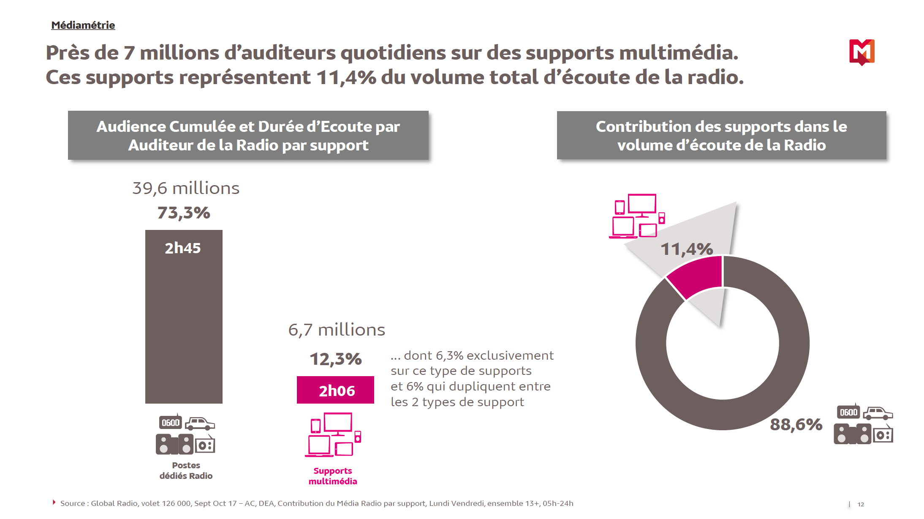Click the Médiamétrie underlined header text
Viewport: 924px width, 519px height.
pyautogui.click(x=83, y=25)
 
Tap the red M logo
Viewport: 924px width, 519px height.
pyautogui.click(x=861, y=52)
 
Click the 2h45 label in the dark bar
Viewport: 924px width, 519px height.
pyautogui.click(x=182, y=248)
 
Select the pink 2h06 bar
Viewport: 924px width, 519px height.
pyautogui.click(x=335, y=390)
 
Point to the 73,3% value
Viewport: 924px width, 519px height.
pyautogui.click(x=184, y=213)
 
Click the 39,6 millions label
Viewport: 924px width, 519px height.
pyautogui.click(x=186, y=188)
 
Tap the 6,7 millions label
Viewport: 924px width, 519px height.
pyautogui.click(x=337, y=330)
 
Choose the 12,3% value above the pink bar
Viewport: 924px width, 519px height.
pyautogui.click(x=336, y=359)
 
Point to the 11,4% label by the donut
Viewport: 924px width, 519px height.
pyautogui.click(x=687, y=249)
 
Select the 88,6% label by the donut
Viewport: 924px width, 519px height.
pyautogui.click(x=796, y=424)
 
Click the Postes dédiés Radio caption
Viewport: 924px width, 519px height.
pyautogui.click(x=186, y=470)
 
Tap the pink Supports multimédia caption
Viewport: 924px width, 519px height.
pyautogui.click(x=333, y=476)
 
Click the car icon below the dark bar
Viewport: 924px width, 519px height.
pyautogui.click(x=200, y=423)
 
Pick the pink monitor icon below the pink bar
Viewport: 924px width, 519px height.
pyautogui.click(x=338, y=424)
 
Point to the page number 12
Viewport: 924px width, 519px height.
pyautogui.click(x=861, y=504)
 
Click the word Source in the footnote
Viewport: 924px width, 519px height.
pyautogui.click(x=73, y=503)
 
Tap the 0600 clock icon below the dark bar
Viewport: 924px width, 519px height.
pyautogui.click(x=171, y=423)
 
